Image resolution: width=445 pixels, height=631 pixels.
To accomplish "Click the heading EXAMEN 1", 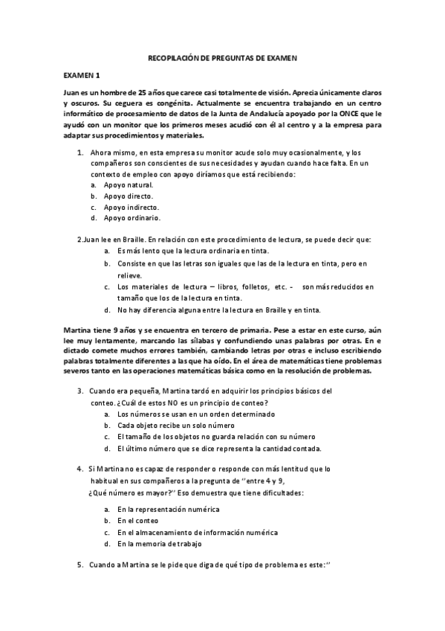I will click(x=82, y=75).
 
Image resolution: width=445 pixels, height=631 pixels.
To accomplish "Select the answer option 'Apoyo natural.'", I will click(x=129, y=185).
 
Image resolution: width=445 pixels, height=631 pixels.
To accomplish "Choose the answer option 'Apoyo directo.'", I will click(x=129, y=196).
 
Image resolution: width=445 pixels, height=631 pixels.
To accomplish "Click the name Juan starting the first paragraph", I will click(x=71, y=91).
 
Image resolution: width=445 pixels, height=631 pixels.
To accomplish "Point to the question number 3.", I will click(x=79, y=391).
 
